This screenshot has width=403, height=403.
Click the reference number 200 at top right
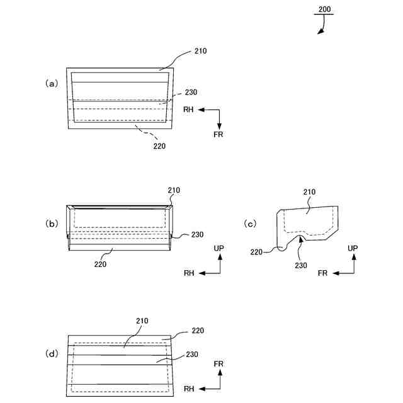[324, 9]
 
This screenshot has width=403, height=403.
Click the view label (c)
[250, 223]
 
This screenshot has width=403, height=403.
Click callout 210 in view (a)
[201, 51]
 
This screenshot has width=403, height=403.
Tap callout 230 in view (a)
[191, 92]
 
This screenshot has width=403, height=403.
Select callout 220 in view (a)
[160, 146]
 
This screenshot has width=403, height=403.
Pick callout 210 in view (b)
[174, 190]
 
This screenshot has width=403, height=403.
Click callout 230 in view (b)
[197, 235]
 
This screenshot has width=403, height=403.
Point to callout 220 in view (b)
[100, 264]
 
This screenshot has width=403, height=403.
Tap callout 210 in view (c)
[310, 192]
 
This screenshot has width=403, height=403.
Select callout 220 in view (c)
[256, 252]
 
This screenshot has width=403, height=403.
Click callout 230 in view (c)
[301, 265]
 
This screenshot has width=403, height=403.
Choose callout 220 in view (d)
[197, 330]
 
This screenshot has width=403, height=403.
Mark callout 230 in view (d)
[192, 355]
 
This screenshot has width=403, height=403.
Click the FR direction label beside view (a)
[219, 134]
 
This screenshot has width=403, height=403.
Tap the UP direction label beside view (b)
[219, 248]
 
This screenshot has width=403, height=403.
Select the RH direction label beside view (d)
[189, 389]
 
